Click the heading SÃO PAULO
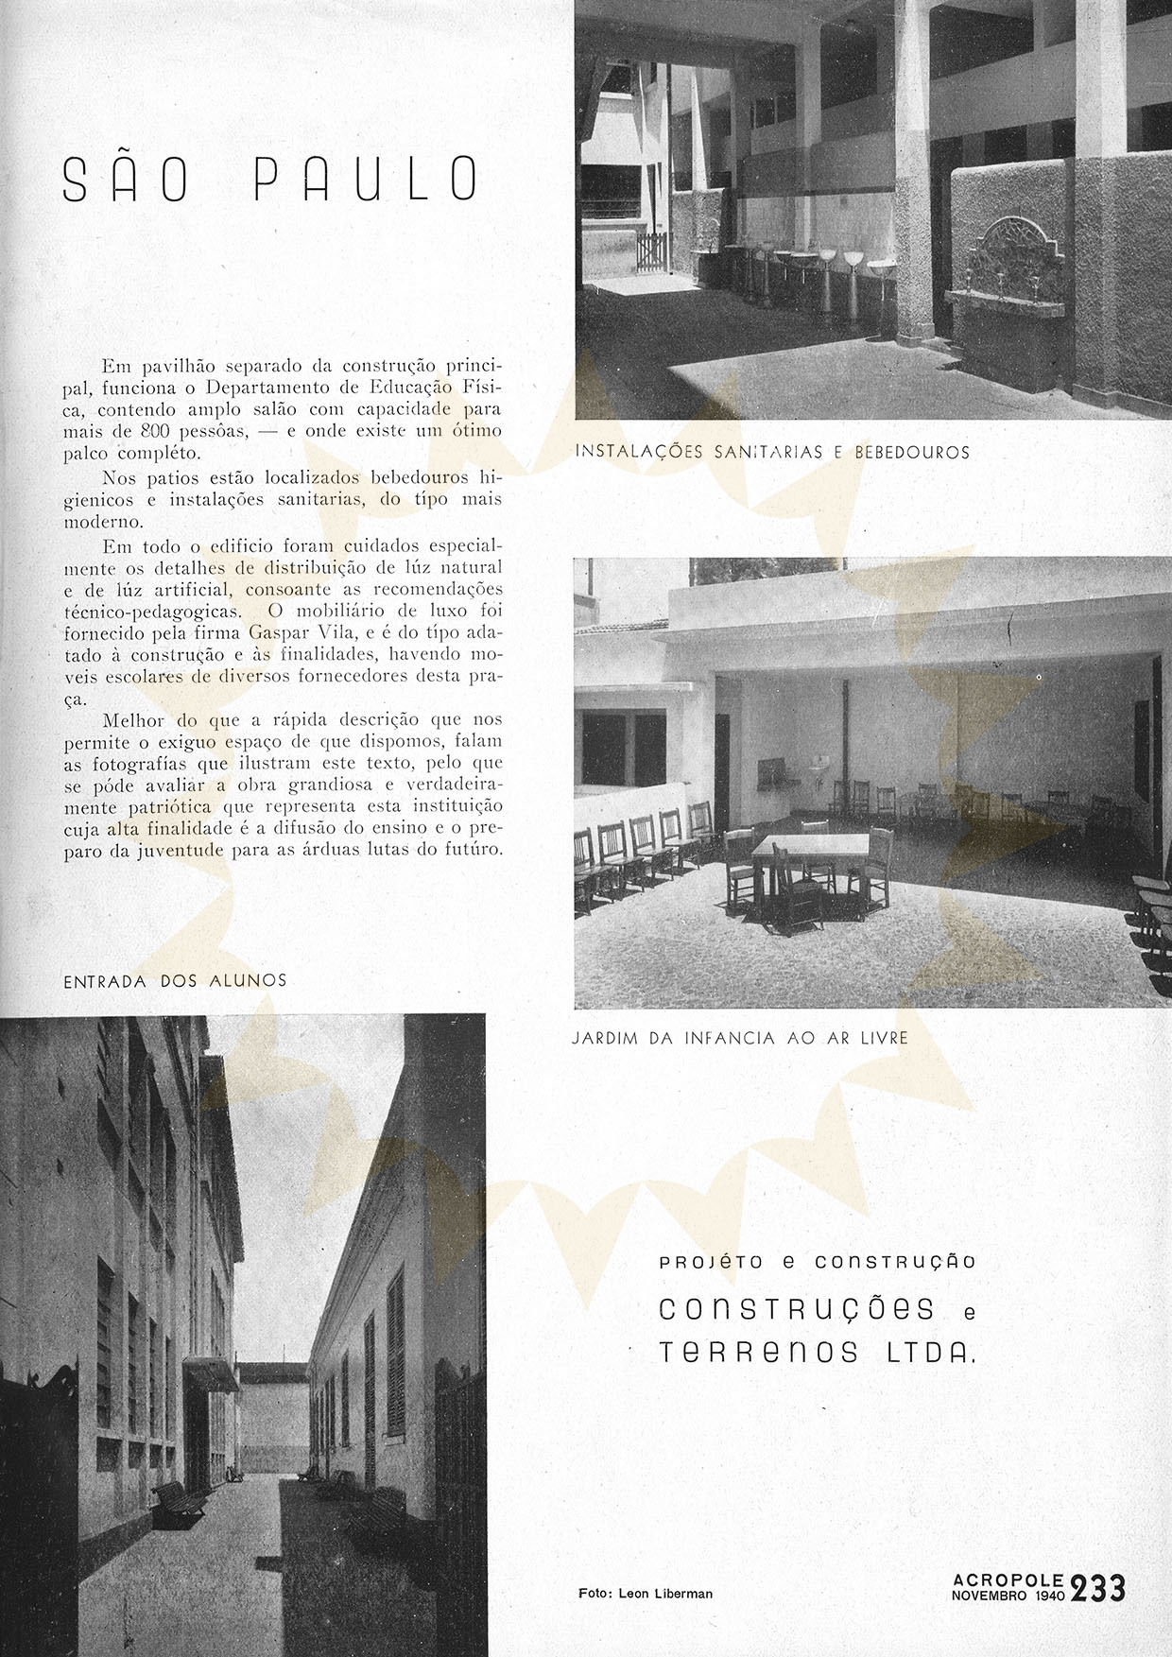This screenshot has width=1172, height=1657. point(270,180)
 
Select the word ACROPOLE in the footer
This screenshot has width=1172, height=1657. point(1008,1579)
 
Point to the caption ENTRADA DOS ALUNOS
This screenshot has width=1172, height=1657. point(175,981)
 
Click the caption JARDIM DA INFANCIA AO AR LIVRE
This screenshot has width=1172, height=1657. point(740,1038)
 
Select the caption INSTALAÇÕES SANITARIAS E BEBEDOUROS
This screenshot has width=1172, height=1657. point(772,453)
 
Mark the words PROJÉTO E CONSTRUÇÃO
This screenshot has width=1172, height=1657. point(818,1262)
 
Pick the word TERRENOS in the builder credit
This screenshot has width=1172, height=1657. point(759,1354)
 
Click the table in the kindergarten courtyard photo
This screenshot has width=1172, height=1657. point(810,846)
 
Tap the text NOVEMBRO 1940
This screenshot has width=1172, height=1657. point(1008,1595)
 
